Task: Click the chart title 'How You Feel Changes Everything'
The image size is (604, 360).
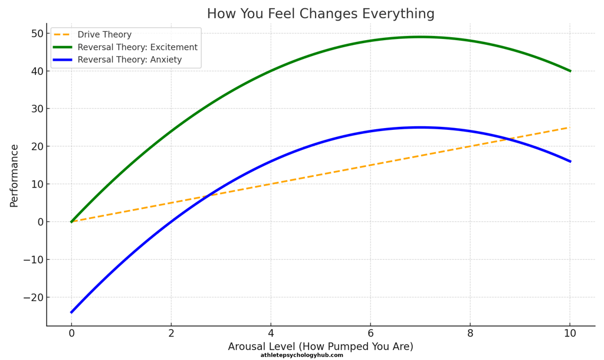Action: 320,14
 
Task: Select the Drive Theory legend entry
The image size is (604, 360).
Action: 104,35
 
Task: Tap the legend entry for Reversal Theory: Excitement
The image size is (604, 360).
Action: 137,47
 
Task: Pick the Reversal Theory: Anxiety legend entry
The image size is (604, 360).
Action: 129,60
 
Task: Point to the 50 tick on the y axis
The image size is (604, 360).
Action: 37,34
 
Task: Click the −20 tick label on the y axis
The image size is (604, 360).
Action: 33,297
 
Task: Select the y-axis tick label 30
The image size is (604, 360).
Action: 37,109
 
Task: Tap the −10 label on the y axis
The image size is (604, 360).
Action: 33,260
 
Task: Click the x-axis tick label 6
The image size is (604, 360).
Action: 370,333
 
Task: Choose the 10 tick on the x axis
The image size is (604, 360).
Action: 570,333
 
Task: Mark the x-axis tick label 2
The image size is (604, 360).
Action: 171,333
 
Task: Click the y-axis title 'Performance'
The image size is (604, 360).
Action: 14,176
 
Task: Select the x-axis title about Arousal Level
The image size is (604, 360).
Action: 320,347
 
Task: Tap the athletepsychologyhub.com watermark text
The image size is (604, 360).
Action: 301,355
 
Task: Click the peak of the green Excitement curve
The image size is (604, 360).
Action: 420,37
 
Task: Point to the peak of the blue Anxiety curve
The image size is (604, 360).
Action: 420,127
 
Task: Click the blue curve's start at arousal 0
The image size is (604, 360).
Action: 71,312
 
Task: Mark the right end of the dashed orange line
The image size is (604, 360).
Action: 570,127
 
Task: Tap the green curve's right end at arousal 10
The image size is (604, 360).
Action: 570,71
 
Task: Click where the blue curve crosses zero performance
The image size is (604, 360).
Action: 171,222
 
